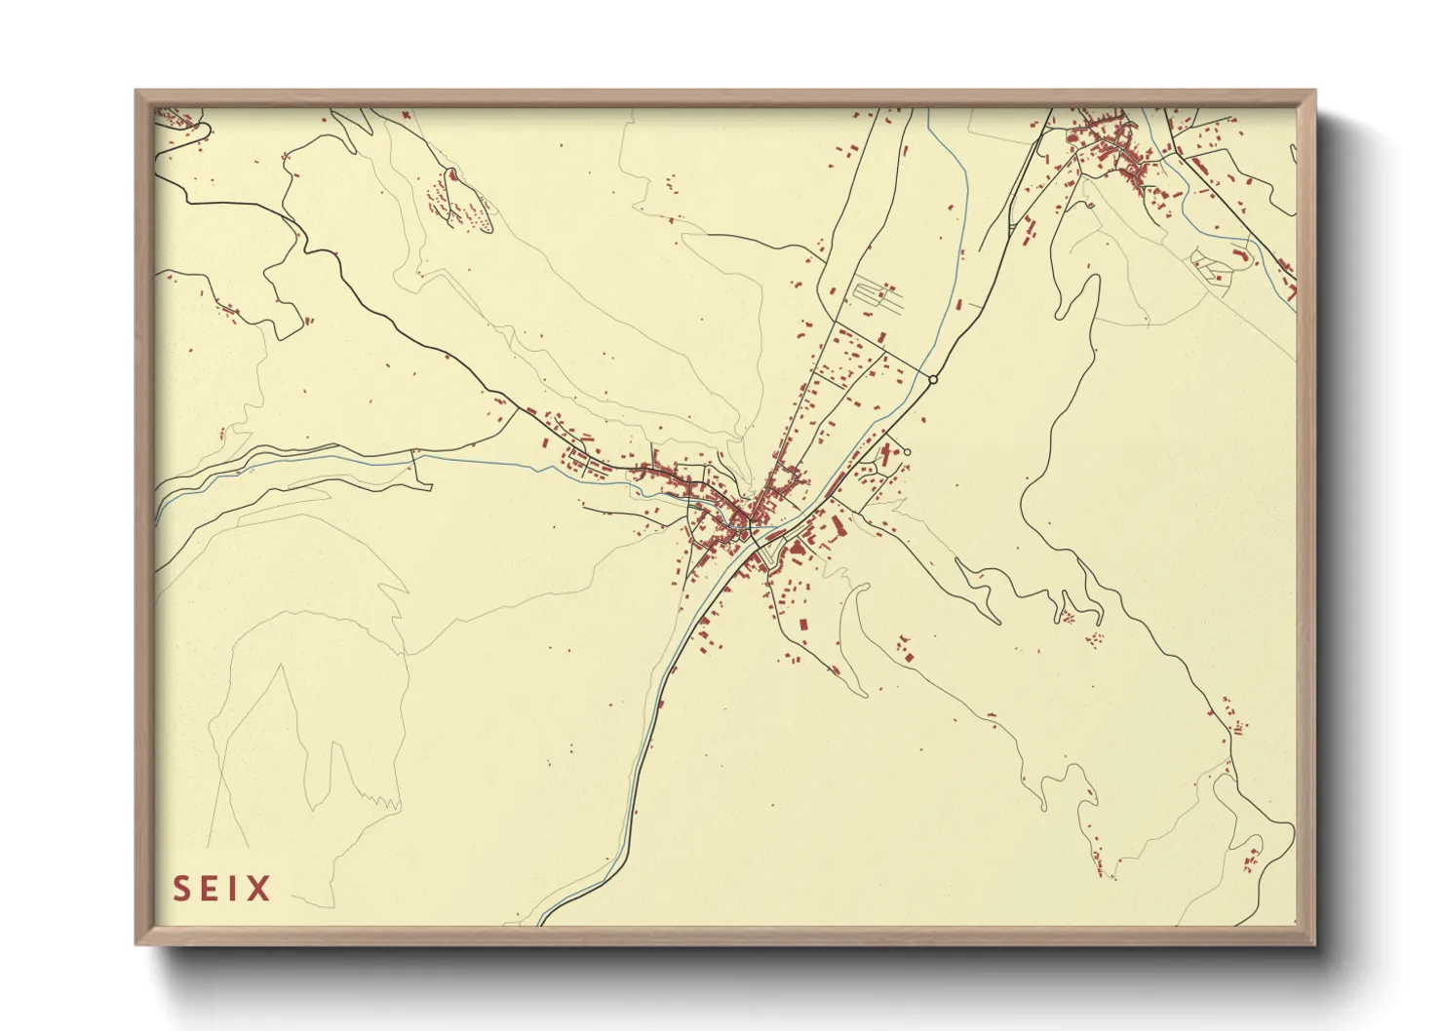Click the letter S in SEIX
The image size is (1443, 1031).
(x=182, y=889)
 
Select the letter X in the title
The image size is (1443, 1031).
(x=258, y=889)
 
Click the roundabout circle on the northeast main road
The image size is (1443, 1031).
(x=933, y=379)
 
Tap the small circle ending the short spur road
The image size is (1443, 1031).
(x=907, y=451)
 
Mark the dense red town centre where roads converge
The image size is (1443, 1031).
(x=746, y=512)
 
